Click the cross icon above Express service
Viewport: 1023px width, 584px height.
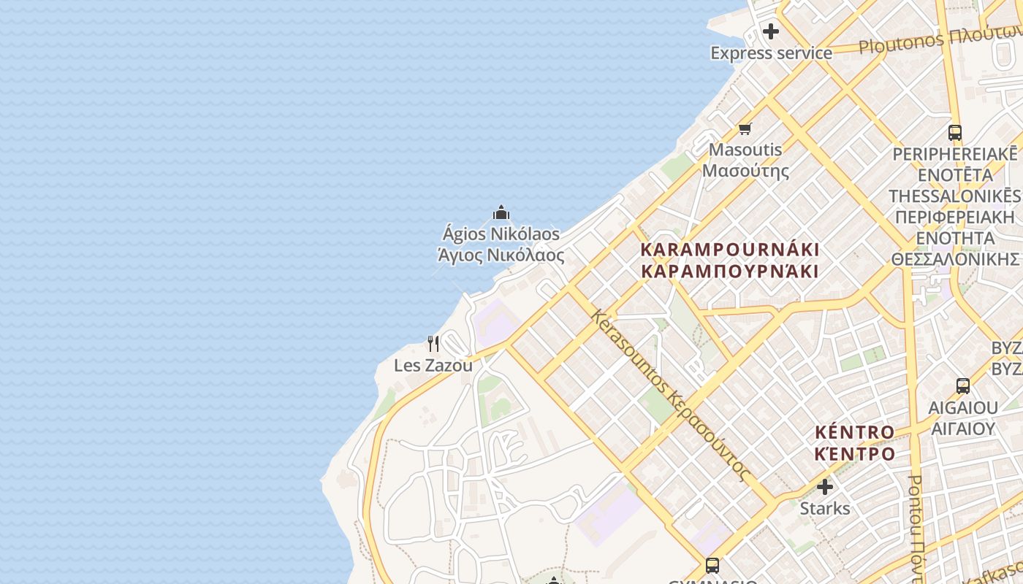[771, 31]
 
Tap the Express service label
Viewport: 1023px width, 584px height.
[771, 53]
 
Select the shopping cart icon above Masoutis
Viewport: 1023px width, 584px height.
[745, 129]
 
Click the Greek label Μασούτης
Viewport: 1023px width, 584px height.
[745, 172]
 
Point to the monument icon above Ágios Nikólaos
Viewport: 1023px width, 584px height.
[501, 212]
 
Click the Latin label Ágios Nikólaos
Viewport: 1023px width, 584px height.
[501, 234]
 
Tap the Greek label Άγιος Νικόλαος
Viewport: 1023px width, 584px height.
[501, 255]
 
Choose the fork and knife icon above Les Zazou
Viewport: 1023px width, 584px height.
[433, 343]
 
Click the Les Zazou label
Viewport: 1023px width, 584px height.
[433, 365]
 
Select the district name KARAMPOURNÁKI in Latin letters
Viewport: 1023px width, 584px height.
[729, 250]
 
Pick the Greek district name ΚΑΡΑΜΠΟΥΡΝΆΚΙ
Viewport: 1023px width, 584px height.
[729, 272]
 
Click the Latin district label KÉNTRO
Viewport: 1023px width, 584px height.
[854, 432]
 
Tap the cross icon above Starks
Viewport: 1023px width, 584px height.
[825, 486]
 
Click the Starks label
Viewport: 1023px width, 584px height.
[825, 508]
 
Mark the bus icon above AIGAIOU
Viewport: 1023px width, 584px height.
[963, 386]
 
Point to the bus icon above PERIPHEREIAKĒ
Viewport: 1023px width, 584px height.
[954, 133]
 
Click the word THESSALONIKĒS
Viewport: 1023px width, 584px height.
[954, 196]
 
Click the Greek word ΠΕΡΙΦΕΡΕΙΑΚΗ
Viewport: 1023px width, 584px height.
[954, 218]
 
